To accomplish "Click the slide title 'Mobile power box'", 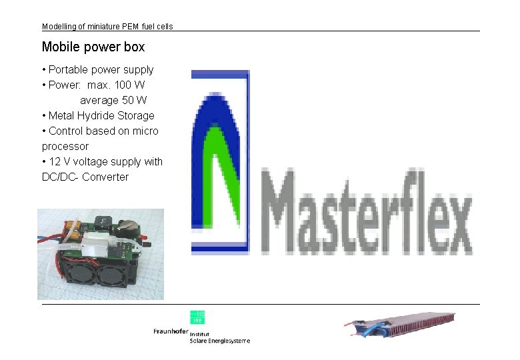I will pos(93,47).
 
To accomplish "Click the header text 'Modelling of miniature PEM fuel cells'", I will pos(107,27).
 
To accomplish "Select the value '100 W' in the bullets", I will pos(130,85).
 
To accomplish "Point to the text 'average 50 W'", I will pos(113,100).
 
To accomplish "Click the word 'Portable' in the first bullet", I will pos(69,69).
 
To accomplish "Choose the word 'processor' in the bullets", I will pos(65,146).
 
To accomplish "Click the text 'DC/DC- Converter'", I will pos(85,177).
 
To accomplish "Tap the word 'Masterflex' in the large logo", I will pos(369,211).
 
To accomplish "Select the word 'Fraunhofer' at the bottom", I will pos(171,332).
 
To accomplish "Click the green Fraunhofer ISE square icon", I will pos(197,317).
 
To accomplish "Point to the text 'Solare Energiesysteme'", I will pos(220,341).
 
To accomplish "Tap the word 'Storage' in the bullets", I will pos(136,115).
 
